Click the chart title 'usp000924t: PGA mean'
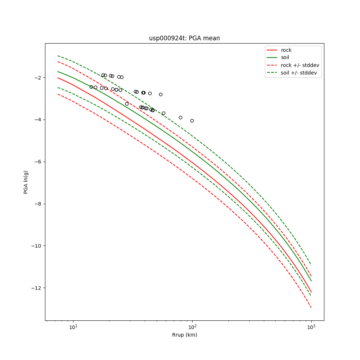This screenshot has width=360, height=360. click(184, 38)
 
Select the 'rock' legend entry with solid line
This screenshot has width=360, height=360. click(286, 50)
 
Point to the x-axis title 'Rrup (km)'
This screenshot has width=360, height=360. click(184, 335)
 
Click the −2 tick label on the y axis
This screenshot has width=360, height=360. click(37, 78)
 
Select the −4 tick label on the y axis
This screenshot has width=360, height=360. click(37, 120)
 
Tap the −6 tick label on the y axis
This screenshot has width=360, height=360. click(37, 162)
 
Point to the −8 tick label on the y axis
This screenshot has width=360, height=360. click(37, 204)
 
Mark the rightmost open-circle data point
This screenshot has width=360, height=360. click(192, 121)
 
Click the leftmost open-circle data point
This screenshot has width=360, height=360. click(91, 87)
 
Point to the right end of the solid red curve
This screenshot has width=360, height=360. click(311, 292)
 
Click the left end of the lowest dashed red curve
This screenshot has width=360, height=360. click(58, 94)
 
